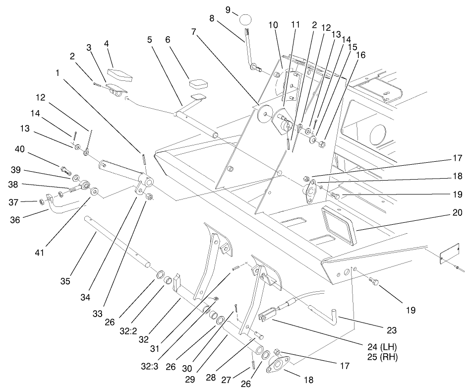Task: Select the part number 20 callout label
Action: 457,213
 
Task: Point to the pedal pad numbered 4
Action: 120,75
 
